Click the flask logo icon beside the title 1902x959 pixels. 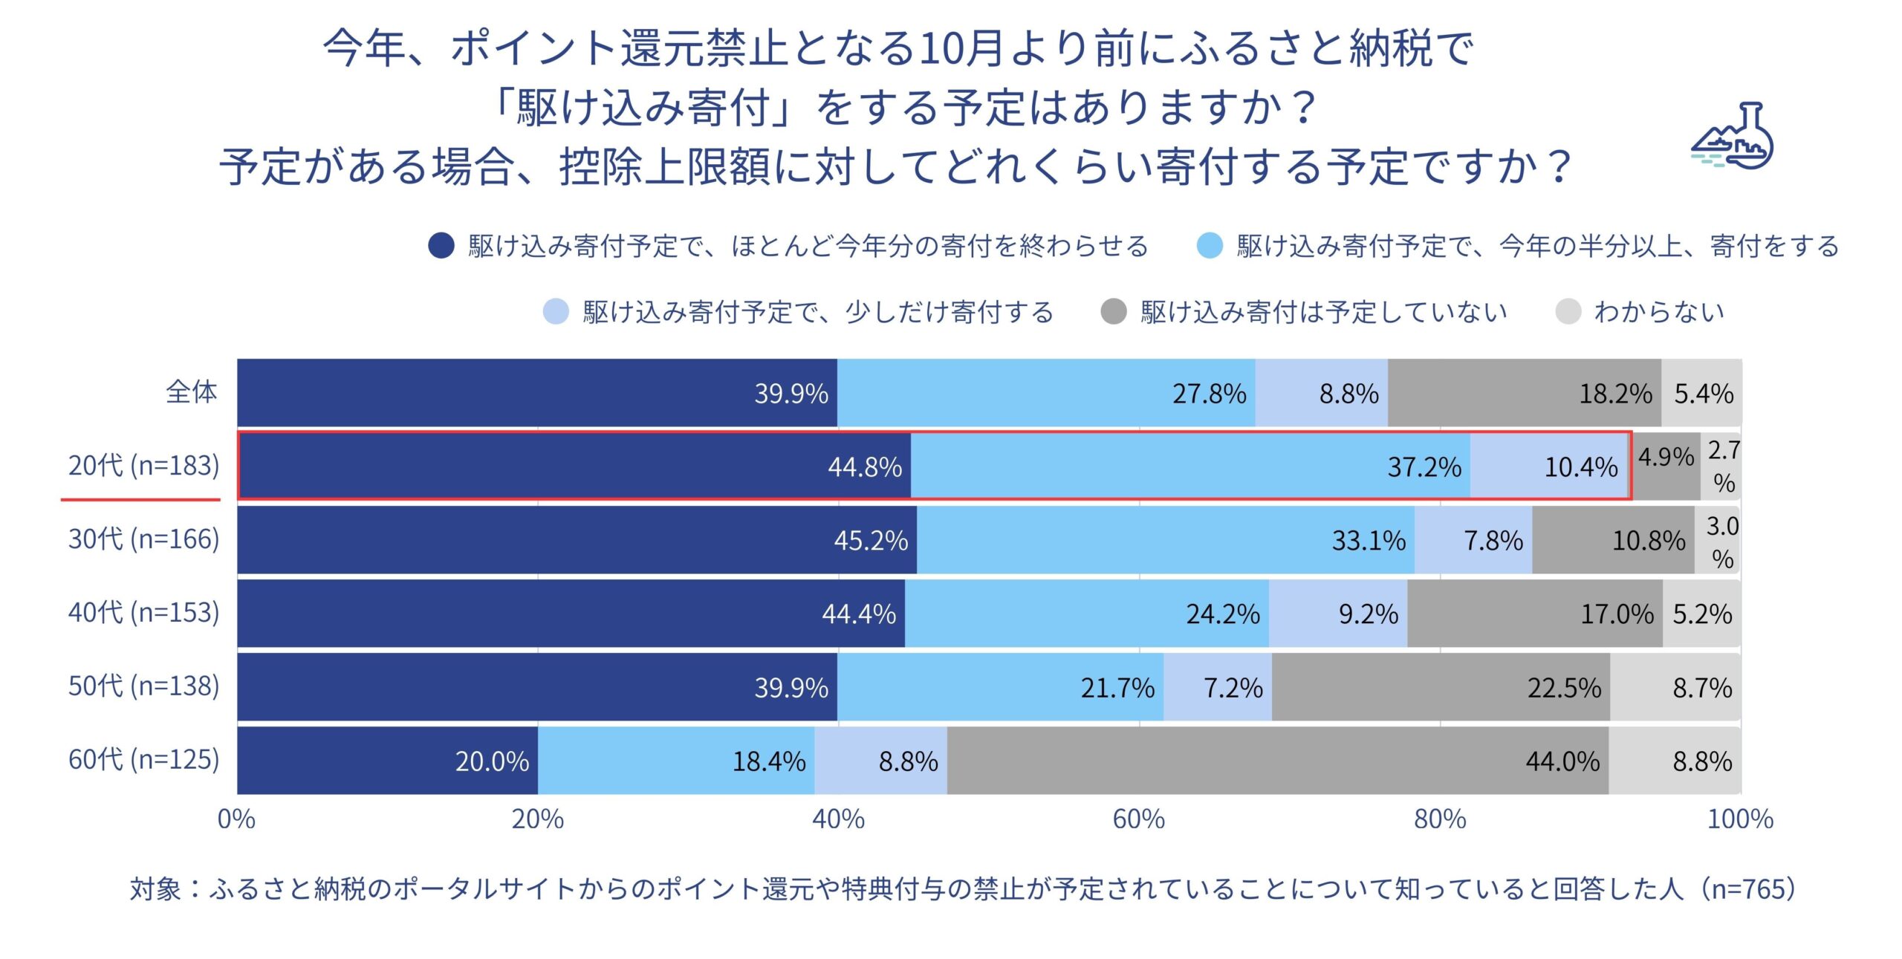[x=1733, y=138]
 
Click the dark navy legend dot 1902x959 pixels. [x=441, y=246]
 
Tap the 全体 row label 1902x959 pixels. [x=192, y=392]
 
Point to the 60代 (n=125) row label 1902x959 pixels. [x=143, y=760]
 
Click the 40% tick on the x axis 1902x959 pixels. [x=838, y=819]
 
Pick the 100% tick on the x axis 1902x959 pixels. [x=1740, y=819]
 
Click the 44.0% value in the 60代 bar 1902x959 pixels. [x=1562, y=761]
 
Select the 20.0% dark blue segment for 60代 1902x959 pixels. [x=387, y=761]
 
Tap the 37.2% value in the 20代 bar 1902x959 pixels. [x=1424, y=467]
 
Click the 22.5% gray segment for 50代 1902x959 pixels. [x=1441, y=687]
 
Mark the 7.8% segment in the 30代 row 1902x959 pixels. [x=1473, y=540]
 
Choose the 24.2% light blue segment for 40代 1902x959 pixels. [x=1086, y=614]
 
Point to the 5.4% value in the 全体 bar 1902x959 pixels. [x=1703, y=394]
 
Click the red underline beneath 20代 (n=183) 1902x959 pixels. [x=140, y=500]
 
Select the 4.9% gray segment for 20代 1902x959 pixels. [x=1666, y=467]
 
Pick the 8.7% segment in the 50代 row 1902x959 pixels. [x=1676, y=687]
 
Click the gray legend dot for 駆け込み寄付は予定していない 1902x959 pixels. [x=1114, y=312]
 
